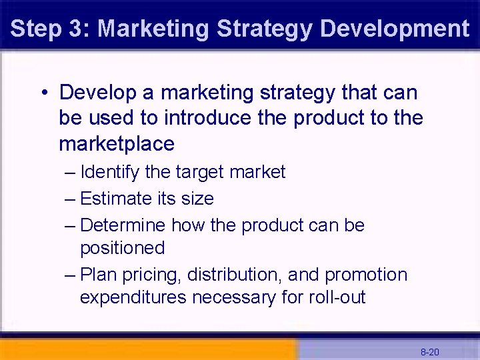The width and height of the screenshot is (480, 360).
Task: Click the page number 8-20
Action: (429, 351)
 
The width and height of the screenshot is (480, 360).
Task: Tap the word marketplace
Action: (117, 143)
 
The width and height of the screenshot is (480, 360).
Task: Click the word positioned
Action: (122, 248)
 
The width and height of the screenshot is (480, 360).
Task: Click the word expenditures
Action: (133, 297)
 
